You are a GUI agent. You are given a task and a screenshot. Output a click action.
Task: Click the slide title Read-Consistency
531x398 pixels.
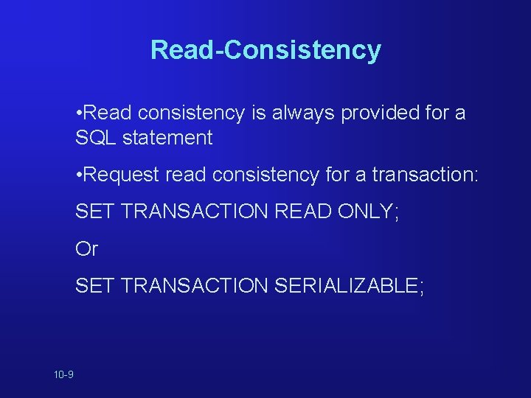coord(265,50)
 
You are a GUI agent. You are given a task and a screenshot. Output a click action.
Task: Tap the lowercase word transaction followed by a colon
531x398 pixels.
coord(425,175)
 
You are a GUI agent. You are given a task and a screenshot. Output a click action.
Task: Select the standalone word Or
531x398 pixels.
coord(86,249)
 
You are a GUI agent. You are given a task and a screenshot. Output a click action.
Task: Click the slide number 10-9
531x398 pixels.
coord(63,375)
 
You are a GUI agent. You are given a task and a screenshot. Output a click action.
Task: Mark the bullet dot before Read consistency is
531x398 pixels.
coord(78,114)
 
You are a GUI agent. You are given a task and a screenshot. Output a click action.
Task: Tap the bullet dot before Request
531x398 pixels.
coord(78,175)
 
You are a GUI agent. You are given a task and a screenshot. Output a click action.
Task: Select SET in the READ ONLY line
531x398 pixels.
coord(94,212)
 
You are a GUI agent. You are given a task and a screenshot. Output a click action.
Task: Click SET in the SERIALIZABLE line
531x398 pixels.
coord(94,286)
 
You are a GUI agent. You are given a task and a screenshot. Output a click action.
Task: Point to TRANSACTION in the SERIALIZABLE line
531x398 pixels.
coord(194,286)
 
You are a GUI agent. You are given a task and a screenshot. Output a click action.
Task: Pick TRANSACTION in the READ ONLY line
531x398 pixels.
coord(194,212)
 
